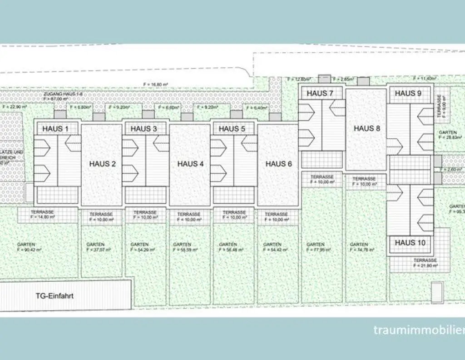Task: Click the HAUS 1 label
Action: coord(55,129)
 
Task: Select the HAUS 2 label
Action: coord(102,164)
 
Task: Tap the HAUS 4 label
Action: coord(190,164)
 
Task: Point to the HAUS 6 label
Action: coord(278,164)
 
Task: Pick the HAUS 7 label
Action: coord(320,94)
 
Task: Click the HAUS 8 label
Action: coord(366,129)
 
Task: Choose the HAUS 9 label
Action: coord(408,94)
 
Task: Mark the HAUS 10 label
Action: coord(410,243)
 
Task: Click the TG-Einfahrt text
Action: coord(54,295)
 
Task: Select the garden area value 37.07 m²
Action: coord(98,250)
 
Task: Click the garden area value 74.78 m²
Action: coord(361,250)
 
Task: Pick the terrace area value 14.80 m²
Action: coord(42,217)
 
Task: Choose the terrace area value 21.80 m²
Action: coord(425,265)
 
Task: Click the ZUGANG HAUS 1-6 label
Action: coord(64,94)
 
